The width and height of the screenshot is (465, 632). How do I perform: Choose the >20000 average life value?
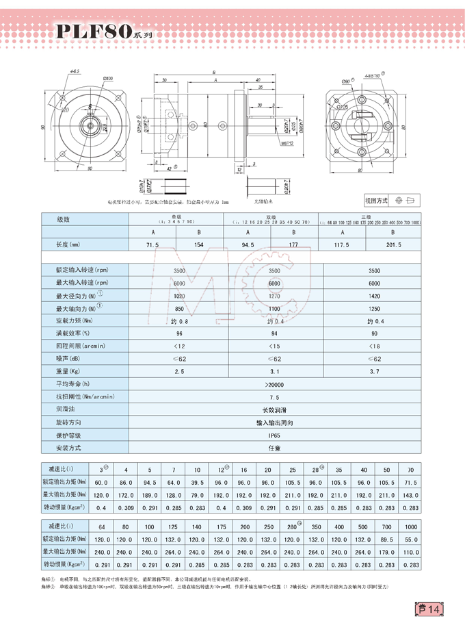coord(274,385)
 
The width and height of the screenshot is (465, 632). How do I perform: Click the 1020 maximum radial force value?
coord(179,296)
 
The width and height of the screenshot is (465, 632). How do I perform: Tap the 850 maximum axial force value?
coord(179,308)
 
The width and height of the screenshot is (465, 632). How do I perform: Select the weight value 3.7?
coord(370,371)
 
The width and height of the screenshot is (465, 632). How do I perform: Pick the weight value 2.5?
coord(179,371)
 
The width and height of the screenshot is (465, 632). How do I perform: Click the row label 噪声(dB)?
coord(70,358)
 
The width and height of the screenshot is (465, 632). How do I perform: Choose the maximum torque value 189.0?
coord(149,494)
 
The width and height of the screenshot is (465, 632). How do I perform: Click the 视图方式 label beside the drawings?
coord(377,201)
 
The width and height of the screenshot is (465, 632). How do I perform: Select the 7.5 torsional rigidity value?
coord(274,397)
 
